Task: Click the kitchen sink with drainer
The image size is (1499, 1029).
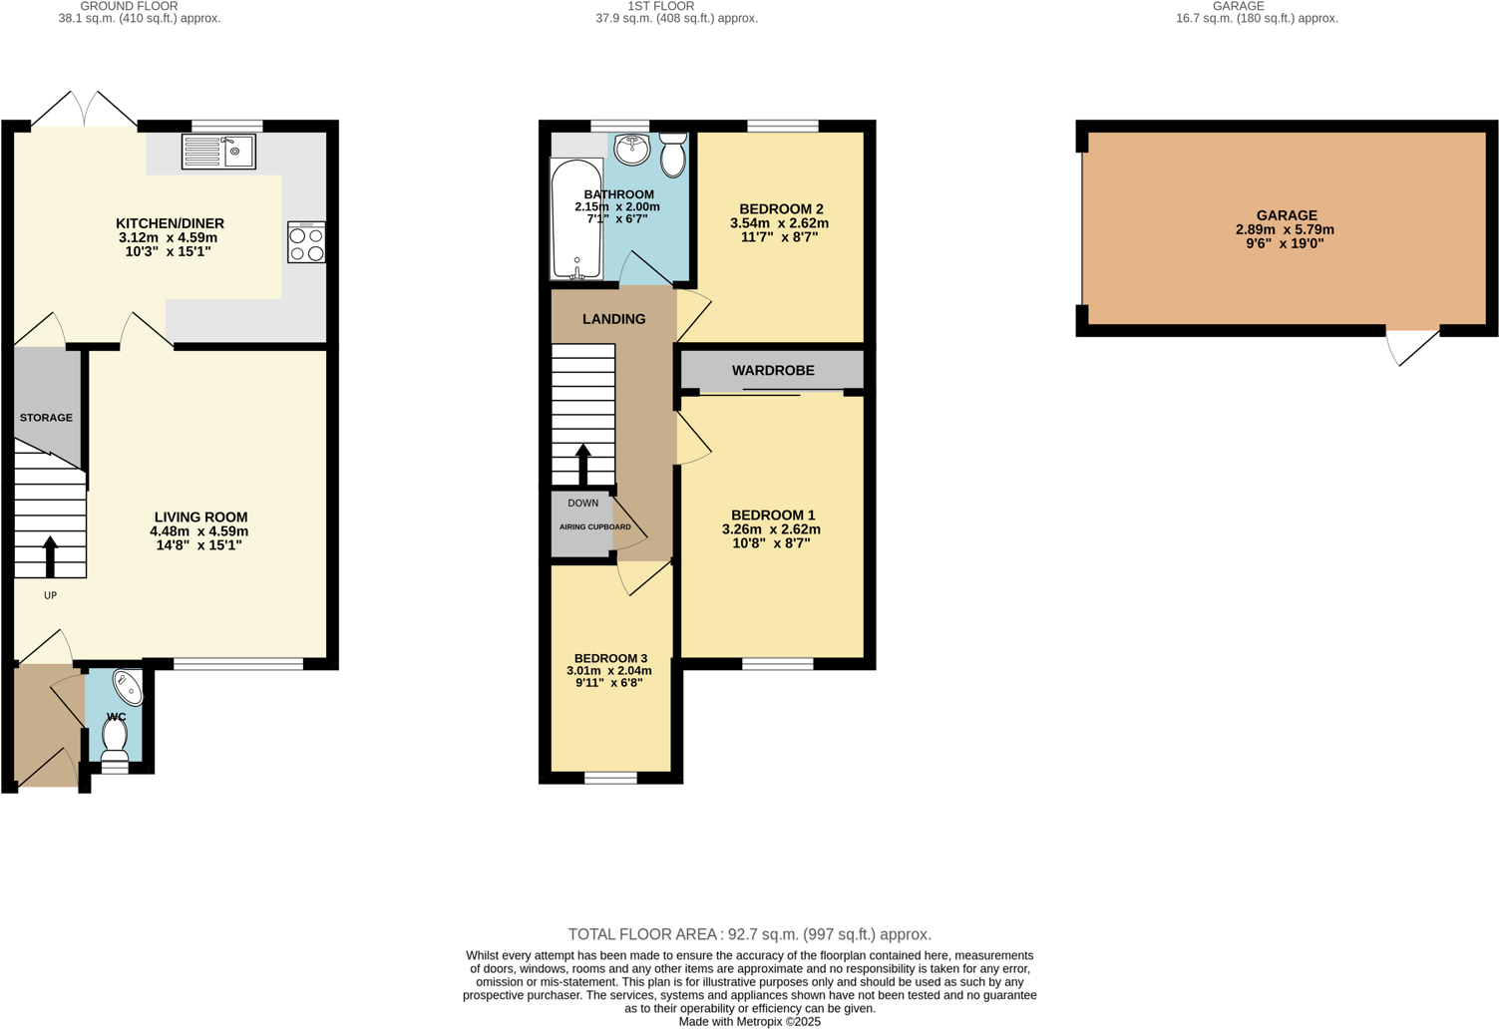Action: pos(218,152)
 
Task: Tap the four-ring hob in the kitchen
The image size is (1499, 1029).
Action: pos(306,242)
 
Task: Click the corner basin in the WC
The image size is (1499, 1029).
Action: pos(129,687)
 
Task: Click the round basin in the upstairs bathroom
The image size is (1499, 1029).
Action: pos(632,150)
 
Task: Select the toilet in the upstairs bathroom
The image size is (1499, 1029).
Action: pos(673,156)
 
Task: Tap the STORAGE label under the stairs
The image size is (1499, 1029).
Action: pos(46,418)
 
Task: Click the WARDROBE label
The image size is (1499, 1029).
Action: pos(773,371)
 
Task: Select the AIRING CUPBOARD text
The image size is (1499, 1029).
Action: pos(594,527)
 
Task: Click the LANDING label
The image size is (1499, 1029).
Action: pos(613,319)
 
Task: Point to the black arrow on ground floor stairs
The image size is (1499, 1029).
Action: pos(50,556)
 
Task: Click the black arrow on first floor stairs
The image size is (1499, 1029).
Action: pos(583,465)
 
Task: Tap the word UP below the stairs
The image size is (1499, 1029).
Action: pos(50,596)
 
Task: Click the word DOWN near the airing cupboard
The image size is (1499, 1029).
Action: pos(582,504)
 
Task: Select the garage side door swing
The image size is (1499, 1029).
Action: pos(1411,346)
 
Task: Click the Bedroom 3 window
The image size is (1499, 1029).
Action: pos(610,778)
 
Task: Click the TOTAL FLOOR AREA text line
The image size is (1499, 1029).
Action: pos(749,934)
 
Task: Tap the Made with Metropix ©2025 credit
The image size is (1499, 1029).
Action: pos(749,1021)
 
